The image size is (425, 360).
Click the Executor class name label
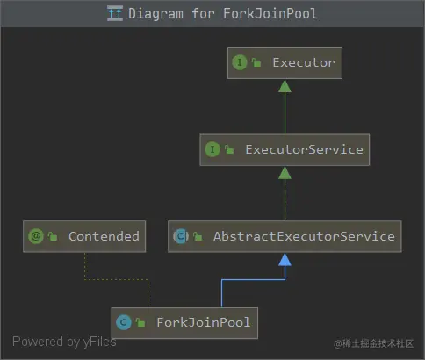(x=304, y=62)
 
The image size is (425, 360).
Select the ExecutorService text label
(x=304, y=149)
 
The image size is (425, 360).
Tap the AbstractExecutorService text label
(x=304, y=236)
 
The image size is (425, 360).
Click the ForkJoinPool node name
(x=204, y=322)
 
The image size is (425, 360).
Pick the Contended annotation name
(x=104, y=236)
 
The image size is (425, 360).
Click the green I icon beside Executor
(x=240, y=62)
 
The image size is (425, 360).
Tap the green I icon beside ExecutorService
(x=212, y=149)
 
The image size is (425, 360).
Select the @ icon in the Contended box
(x=36, y=236)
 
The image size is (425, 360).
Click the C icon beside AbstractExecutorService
(x=181, y=236)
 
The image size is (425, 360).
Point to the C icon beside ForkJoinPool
(x=124, y=322)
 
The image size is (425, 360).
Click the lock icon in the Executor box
(x=256, y=62)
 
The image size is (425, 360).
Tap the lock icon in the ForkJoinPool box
(x=140, y=322)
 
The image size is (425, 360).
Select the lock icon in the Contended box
(x=53, y=236)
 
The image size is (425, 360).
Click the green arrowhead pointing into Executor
(x=285, y=86)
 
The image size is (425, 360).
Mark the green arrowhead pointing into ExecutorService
(x=285, y=173)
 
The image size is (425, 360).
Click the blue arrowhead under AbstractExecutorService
(x=285, y=260)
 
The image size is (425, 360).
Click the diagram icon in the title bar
(x=115, y=13)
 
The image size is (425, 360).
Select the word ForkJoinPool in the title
(x=270, y=14)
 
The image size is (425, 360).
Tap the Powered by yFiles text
(x=64, y=342)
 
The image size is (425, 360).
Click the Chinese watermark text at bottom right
(x=373, y=343)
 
